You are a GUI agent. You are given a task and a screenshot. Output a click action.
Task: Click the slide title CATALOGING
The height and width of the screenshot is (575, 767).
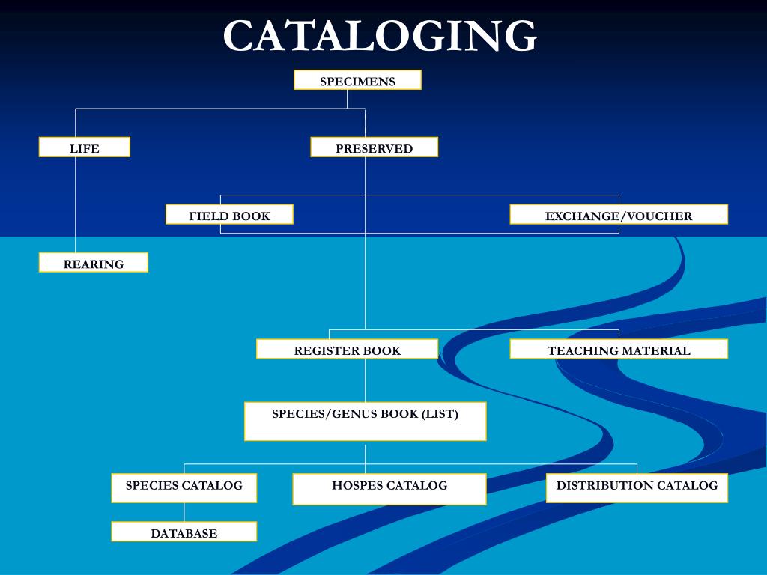click(x=380, y=36)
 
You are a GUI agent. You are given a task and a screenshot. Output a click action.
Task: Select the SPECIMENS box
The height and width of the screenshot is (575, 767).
click(x=357, y=80)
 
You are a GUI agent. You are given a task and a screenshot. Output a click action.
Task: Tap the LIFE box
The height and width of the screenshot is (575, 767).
click(x=84, y=147)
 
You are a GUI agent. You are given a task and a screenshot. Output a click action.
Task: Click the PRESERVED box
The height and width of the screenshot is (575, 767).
click(x=374, y=147)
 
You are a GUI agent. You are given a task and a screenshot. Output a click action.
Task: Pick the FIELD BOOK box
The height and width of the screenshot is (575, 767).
click(x=229, y=215)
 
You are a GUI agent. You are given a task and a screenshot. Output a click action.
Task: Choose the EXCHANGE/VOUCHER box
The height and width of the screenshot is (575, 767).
click(x=619, y=215)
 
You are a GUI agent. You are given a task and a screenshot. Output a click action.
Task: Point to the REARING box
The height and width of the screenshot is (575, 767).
click(x=94, y=263)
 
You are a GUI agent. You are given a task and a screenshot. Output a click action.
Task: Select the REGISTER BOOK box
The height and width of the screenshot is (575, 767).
click(x=347, y=350)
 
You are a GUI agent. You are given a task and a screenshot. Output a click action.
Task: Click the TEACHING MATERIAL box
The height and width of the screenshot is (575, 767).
click(x=619, y=350)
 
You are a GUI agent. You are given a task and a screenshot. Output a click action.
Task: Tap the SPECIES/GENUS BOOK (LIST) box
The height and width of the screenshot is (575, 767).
click(x=365, y=422)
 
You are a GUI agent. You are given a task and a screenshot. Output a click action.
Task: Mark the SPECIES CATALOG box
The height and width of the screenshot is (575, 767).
click(x=184, y=488)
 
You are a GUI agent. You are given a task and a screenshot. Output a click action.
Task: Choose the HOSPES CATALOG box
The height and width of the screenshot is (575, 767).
click(x=389, y=489)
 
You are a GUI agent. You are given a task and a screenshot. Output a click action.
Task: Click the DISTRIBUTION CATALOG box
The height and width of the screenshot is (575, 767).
click(x=637, y=488)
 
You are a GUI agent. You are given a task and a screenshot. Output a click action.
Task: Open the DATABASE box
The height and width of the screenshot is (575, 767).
click(x=184, y=532)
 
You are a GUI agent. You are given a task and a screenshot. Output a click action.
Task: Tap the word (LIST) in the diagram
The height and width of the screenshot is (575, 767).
click(x=440, y=413)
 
